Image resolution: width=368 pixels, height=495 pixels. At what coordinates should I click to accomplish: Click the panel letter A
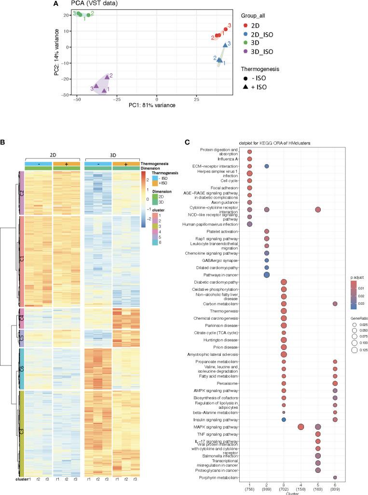click(x=56, y=4)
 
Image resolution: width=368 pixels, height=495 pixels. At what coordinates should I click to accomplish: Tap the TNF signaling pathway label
click(x=225, y=434)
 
